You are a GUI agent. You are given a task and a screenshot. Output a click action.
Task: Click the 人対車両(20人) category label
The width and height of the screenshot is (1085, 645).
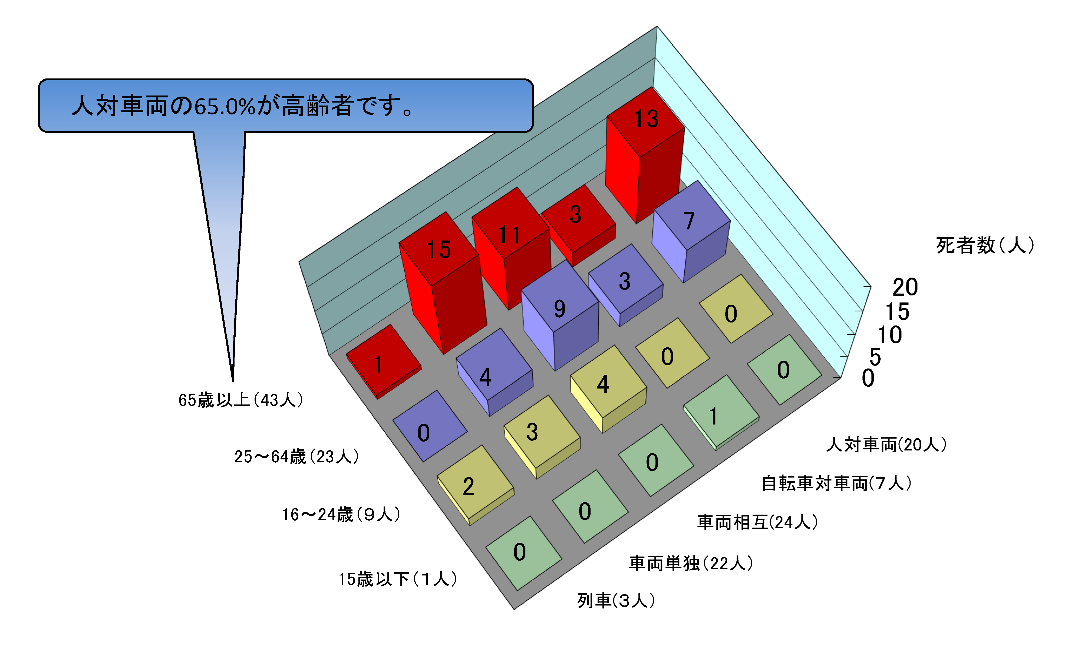886,445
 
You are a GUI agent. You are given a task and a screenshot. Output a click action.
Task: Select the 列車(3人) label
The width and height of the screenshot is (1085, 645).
616,601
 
